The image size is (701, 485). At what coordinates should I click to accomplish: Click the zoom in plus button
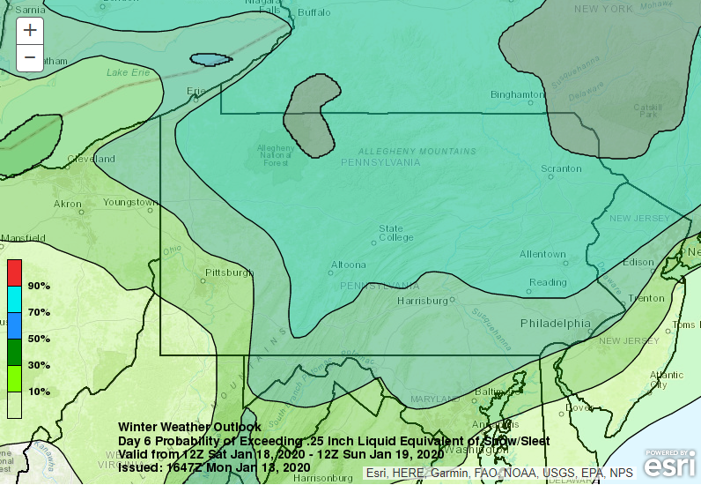30,29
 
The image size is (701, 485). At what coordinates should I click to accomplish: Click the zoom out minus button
30,57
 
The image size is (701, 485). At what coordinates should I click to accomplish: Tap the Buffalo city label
314,12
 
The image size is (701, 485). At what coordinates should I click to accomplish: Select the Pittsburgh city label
228,272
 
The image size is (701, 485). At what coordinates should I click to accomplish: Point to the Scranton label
561,168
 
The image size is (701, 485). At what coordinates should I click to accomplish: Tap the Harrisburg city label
423,301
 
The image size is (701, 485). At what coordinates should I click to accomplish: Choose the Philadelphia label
555,324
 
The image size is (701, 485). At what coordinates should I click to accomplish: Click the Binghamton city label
517,94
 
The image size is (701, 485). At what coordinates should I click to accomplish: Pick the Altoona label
348,265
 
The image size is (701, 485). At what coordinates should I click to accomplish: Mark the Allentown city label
542,255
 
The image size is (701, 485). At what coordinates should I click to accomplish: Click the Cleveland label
92,160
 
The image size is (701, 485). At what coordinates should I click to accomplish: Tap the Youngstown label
130,202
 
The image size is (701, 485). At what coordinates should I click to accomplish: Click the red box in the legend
15,272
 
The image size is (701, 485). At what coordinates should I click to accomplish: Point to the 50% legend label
39,339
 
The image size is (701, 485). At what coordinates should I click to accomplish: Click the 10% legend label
39,392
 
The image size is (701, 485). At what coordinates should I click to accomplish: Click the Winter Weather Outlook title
189,428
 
